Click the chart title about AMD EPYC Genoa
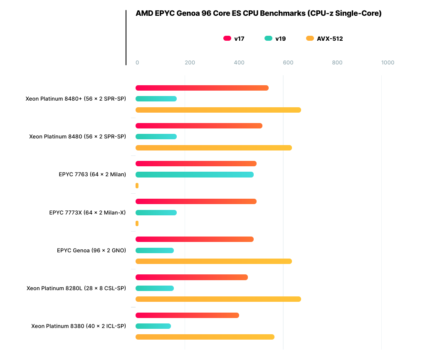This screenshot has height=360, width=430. click(x=258, y=13)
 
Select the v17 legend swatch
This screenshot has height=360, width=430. click(x=227, y=39)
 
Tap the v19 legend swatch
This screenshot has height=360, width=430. click(x=268, y=39)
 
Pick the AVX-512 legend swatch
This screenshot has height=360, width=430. click(x=310, y=39)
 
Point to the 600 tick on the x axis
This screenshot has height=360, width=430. click(x=288, y=63)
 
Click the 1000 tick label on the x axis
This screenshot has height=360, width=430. click(x=388, y=63)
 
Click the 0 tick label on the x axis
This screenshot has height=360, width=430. click(x=137, y=63)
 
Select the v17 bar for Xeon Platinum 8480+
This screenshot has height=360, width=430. click(x=202, y=88)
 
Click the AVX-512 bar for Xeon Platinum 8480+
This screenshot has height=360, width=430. click(x=218, y=110)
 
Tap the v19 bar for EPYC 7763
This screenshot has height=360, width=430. click(x=194, y=175)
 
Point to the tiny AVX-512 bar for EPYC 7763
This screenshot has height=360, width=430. click(x=137, y=185)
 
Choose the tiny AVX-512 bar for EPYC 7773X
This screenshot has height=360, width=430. click(x=137, y=223)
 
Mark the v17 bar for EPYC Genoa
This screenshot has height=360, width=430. click(x=194, y=239)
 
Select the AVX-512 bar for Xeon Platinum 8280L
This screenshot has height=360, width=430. click(x=218, y=299)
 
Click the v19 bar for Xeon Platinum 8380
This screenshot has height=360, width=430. click(x=153, y=326)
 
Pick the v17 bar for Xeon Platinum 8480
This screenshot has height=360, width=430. click(x=199, y=126)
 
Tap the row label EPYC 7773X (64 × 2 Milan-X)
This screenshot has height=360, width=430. click(x=87, y=212)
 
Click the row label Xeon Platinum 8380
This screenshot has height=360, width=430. click(x=78, y=326)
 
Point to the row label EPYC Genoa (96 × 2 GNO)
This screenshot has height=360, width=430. click(x=91, y=250)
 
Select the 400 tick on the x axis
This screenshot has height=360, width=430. click(x=239, y=63)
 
